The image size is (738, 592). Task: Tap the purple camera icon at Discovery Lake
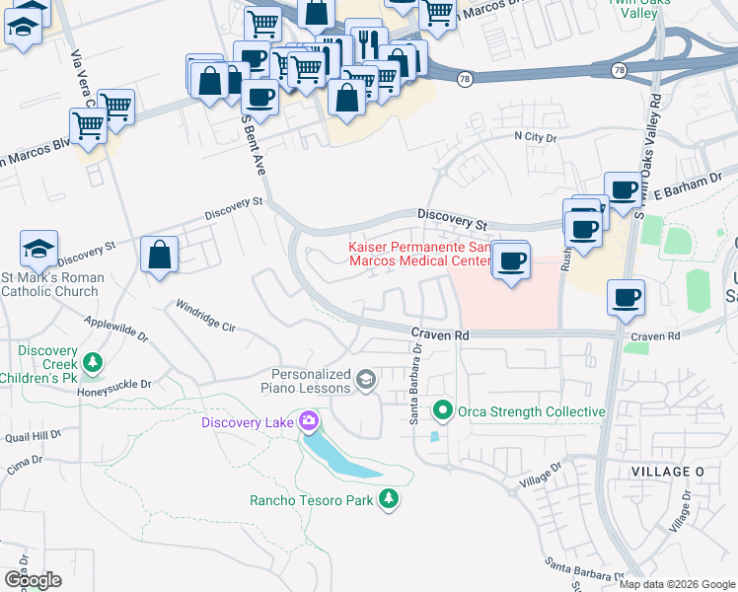point(309,422)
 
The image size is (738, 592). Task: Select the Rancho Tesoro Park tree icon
point(390,499)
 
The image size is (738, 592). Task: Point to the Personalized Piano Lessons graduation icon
point(365,380)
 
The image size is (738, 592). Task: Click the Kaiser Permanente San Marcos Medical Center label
point(419,254)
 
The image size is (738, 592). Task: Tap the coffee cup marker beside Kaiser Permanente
point(511,260)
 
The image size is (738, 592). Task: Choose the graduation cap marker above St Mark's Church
point(38,249)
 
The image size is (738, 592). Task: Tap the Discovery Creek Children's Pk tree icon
point(94,363)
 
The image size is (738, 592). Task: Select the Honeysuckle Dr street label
point(116,386)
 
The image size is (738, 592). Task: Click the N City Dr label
point(536,137)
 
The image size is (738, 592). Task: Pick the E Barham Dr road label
point(681,185)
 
